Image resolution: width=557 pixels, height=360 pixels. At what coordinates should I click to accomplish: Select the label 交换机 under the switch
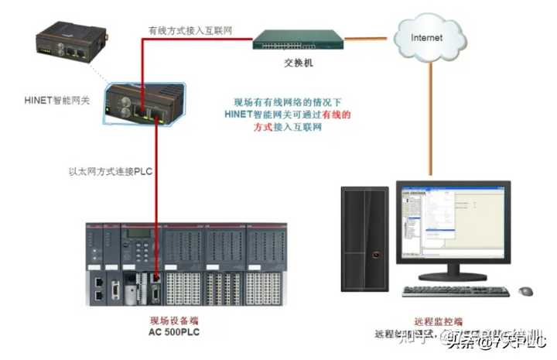tap(298, 63)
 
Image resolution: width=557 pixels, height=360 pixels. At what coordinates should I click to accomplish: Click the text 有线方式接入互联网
tap(191, 30)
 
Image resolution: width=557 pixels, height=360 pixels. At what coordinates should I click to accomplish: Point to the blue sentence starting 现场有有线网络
tap(287, 115)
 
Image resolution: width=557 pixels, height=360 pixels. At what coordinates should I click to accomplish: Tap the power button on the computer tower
tap(375, 253)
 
